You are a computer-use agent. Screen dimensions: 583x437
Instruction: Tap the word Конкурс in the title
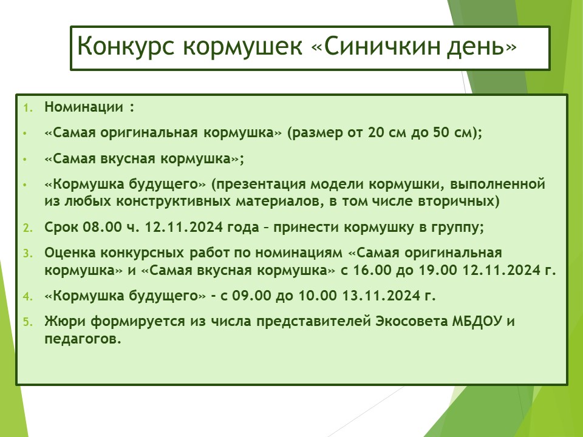click(126, 47)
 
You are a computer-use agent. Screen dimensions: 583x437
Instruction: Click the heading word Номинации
click(84, 107)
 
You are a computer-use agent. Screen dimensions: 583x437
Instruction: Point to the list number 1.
click(28, 108)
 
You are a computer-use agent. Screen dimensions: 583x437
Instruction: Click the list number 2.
click(28, 228)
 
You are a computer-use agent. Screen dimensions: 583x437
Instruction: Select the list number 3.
click(28, 254)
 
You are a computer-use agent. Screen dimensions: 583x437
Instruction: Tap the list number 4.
click(28, 297)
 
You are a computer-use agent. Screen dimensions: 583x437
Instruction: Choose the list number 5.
click(28, 322)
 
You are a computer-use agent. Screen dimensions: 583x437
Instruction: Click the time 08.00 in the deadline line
click(102, 226)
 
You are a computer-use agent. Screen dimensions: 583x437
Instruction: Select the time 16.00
click(372, 269)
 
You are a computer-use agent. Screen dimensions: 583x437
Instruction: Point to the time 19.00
click(438, 269)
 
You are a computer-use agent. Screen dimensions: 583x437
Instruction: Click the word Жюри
click(65, 322)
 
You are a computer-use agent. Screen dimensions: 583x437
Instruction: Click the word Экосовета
click(411, 321)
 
